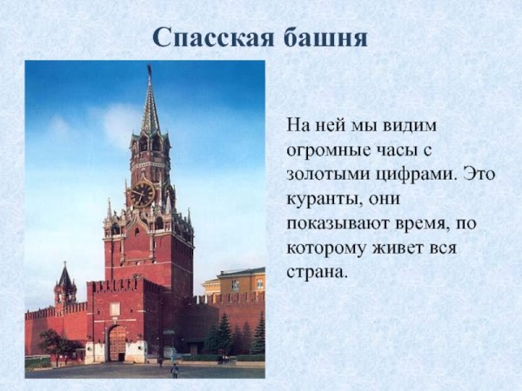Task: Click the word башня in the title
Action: point(324,36)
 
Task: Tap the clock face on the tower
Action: point(142,193)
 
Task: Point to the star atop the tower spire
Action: point(149,70)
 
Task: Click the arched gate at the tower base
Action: point(117,343)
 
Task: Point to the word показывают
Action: point(333,222)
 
